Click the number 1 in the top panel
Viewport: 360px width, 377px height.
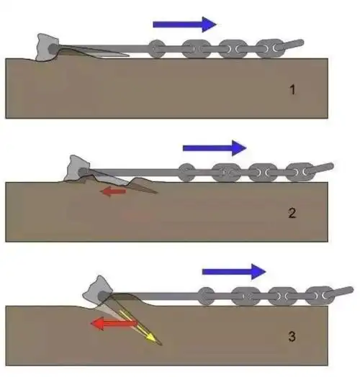click(x=292, y=90)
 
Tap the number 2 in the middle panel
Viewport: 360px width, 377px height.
click(x=292, y=213)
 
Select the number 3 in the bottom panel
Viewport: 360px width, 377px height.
click(x=292, y=337)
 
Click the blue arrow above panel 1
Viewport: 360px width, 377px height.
click(x=184, y=24)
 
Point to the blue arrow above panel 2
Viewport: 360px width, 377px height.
click(x=215, y=148)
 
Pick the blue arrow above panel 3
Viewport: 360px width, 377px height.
click(x=234, y=272)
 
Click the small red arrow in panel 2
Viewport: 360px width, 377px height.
click(x=113, y=191)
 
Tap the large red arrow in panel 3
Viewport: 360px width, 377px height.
click(x=114, y=323)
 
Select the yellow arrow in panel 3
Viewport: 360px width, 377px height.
click(x=138, y=326)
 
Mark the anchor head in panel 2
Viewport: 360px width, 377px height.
click(x=78, y=169)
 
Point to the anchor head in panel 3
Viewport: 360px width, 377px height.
click(x=98, y=291)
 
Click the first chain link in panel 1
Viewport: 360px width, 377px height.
click(x=157, y=49)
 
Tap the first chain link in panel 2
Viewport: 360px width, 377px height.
click(x=186, y=173)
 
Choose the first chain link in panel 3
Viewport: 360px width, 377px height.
click(x=206, y=296)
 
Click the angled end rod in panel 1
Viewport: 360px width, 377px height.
click(x=289, y=45)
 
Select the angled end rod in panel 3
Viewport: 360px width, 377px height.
click(x=339, y=292)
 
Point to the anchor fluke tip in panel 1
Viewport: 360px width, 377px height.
click(x=129, y=56)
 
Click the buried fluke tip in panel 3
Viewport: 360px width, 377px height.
click(x=161, y=345)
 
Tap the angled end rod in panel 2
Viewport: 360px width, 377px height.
click(x=320, y=168)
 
